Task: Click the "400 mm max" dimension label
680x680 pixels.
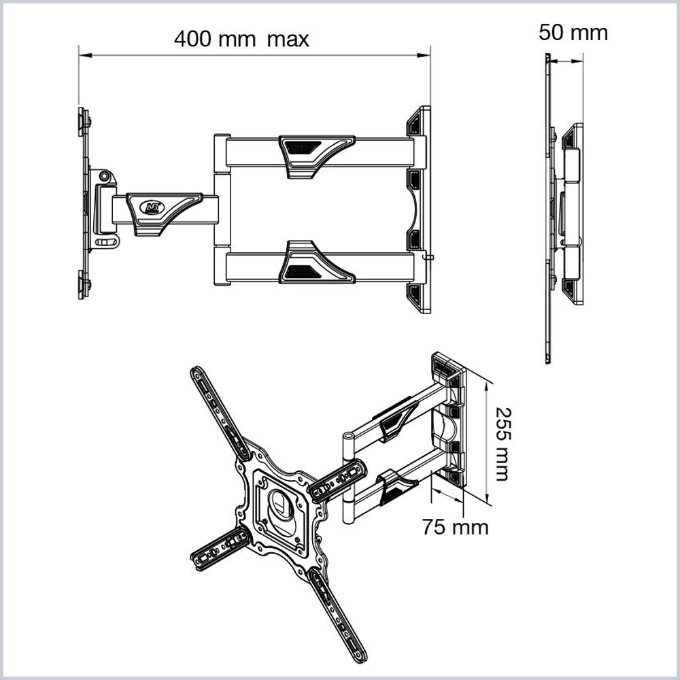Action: (241, 39)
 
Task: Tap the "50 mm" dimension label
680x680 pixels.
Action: (573, 32)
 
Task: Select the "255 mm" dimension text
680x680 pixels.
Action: (501, 443)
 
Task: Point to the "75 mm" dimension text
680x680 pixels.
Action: (455, 526)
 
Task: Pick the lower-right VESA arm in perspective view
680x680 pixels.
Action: (339, 615)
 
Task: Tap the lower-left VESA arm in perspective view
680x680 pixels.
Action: (219, 548)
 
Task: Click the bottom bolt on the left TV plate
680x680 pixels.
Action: (84, 284)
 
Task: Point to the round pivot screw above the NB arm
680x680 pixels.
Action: (103, 176)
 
